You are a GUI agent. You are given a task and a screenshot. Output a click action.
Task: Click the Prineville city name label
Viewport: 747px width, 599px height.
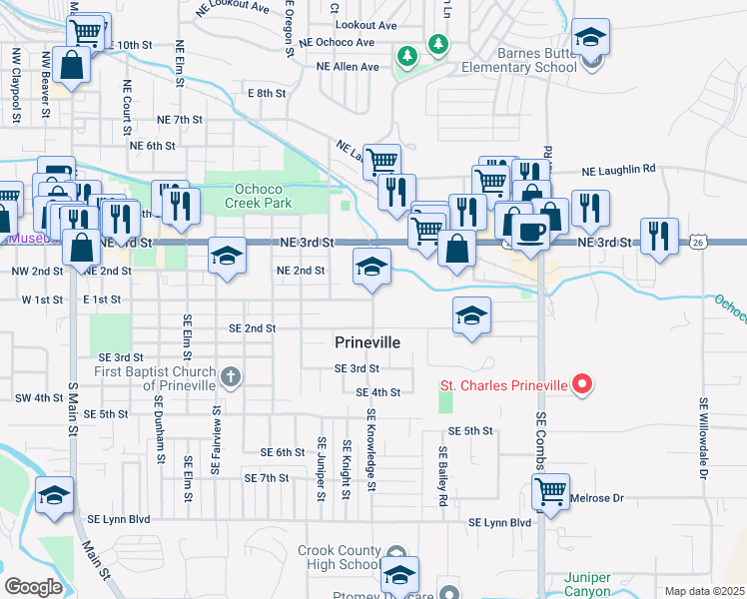click(x=368, y=342)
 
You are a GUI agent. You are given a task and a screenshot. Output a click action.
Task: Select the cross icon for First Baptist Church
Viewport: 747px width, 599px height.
click(x=231, y=377)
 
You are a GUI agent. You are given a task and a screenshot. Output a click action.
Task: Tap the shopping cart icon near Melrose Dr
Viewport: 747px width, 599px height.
click(x=551, y=491)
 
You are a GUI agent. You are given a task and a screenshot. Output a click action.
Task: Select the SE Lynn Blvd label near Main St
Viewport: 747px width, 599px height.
click(x=118, y=519)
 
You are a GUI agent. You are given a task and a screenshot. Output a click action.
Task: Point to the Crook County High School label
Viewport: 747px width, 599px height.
click(x=340, y=558)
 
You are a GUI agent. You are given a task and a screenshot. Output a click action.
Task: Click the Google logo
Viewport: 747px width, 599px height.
click(x=33, y=587)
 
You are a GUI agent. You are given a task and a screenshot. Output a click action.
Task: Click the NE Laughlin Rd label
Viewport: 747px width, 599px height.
click(x=615, y=169)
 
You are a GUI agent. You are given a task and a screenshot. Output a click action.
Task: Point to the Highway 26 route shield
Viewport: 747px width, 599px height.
click(x=698, y=242)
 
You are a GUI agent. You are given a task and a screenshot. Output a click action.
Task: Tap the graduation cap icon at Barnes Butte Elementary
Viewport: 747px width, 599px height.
click(x=591, y=39)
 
